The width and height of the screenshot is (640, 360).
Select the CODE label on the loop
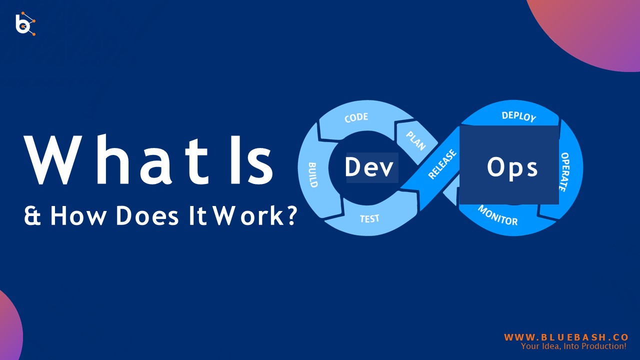(x=356, y=118)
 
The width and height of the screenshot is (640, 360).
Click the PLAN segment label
(x=415, y=140)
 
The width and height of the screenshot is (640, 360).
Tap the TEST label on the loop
(x=369, y=218)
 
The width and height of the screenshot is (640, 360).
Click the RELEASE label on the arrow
(x=442, y=164)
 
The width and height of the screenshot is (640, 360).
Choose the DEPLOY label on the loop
(x=518, y=116)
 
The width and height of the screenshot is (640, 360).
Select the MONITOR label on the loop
(x=497, y=214)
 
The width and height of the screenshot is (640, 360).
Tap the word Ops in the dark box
(x=512, y=168)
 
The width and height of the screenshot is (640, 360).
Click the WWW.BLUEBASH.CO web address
(x=566, y=337)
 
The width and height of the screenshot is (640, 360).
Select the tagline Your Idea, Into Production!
(x=573, y=346)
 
